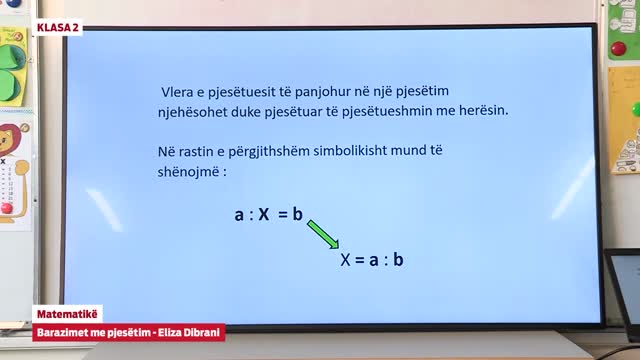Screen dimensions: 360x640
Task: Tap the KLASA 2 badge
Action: [57, 27]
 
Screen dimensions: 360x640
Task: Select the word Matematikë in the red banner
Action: [67, 314]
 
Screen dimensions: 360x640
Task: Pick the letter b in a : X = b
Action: [298, 214]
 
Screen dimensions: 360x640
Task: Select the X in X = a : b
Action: [346, 260]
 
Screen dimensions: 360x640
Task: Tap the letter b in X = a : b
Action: [398, 260]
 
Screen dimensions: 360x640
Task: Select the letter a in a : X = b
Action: [239, 214]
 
